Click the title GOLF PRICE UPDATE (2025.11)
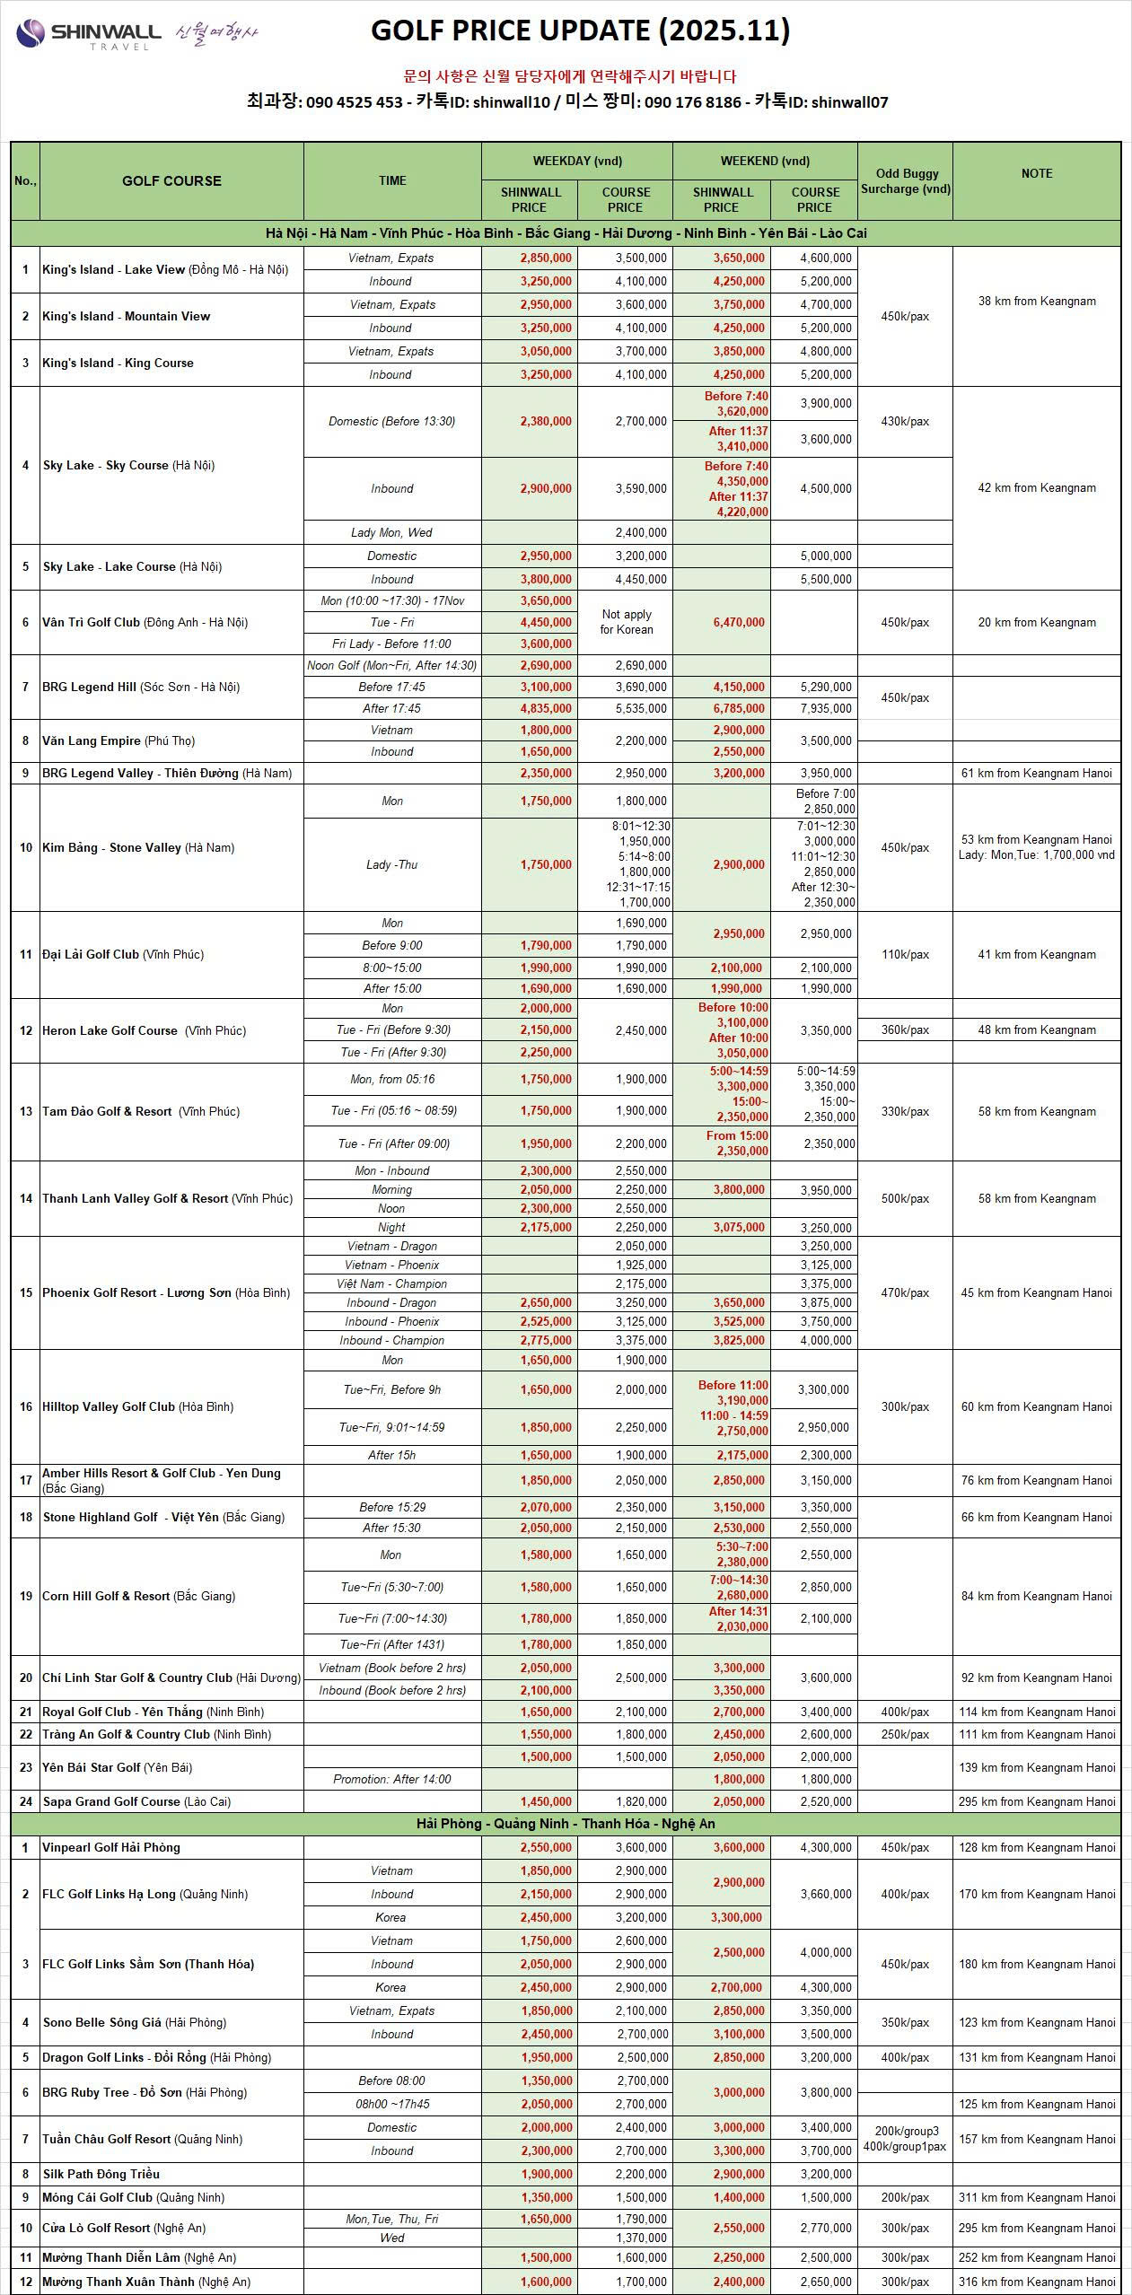[580, 31]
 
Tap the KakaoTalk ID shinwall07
[849, 102]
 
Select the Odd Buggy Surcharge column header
[905, 181]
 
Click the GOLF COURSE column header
[171, 180]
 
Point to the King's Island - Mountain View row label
[127, 316]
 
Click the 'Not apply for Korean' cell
[626, 622]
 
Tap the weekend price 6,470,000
[739, 622]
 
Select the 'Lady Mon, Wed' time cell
[391, 532]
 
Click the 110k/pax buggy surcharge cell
[905, 954]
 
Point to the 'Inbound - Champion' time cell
[391, 1340]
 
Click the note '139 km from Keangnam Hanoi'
[1037, 1767]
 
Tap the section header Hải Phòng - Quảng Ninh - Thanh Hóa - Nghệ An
[566, 1824]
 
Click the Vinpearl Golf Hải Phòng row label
[111, 1847]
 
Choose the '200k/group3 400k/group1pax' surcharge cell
[905, 2139]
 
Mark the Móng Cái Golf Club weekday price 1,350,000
[546, 2197]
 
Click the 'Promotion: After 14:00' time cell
[391, 1779]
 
